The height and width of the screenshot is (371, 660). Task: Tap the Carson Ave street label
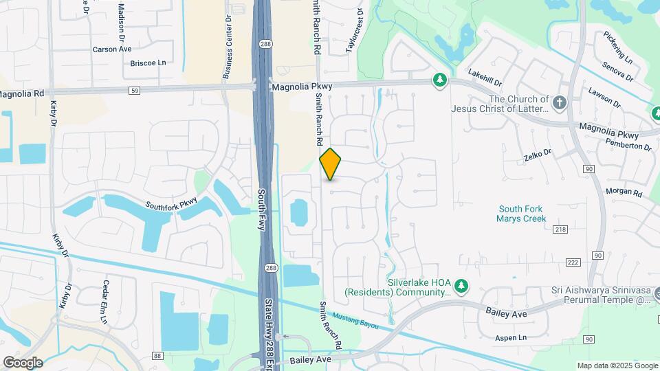pos(112,49)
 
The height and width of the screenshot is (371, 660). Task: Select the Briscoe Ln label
pos(148,63)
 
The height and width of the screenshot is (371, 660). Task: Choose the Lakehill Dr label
pos(485,77)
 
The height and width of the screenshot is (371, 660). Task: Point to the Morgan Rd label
pos(624,192)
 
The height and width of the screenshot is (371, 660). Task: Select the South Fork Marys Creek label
pos(521,214)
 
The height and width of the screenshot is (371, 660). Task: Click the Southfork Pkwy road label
pos(171,203)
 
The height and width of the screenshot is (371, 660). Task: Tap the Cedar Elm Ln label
pos(104,302)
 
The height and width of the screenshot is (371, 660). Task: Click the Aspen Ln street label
pos(510,338)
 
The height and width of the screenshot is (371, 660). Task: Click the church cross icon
pos(560,103)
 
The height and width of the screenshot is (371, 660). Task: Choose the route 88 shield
pos(157,355)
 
